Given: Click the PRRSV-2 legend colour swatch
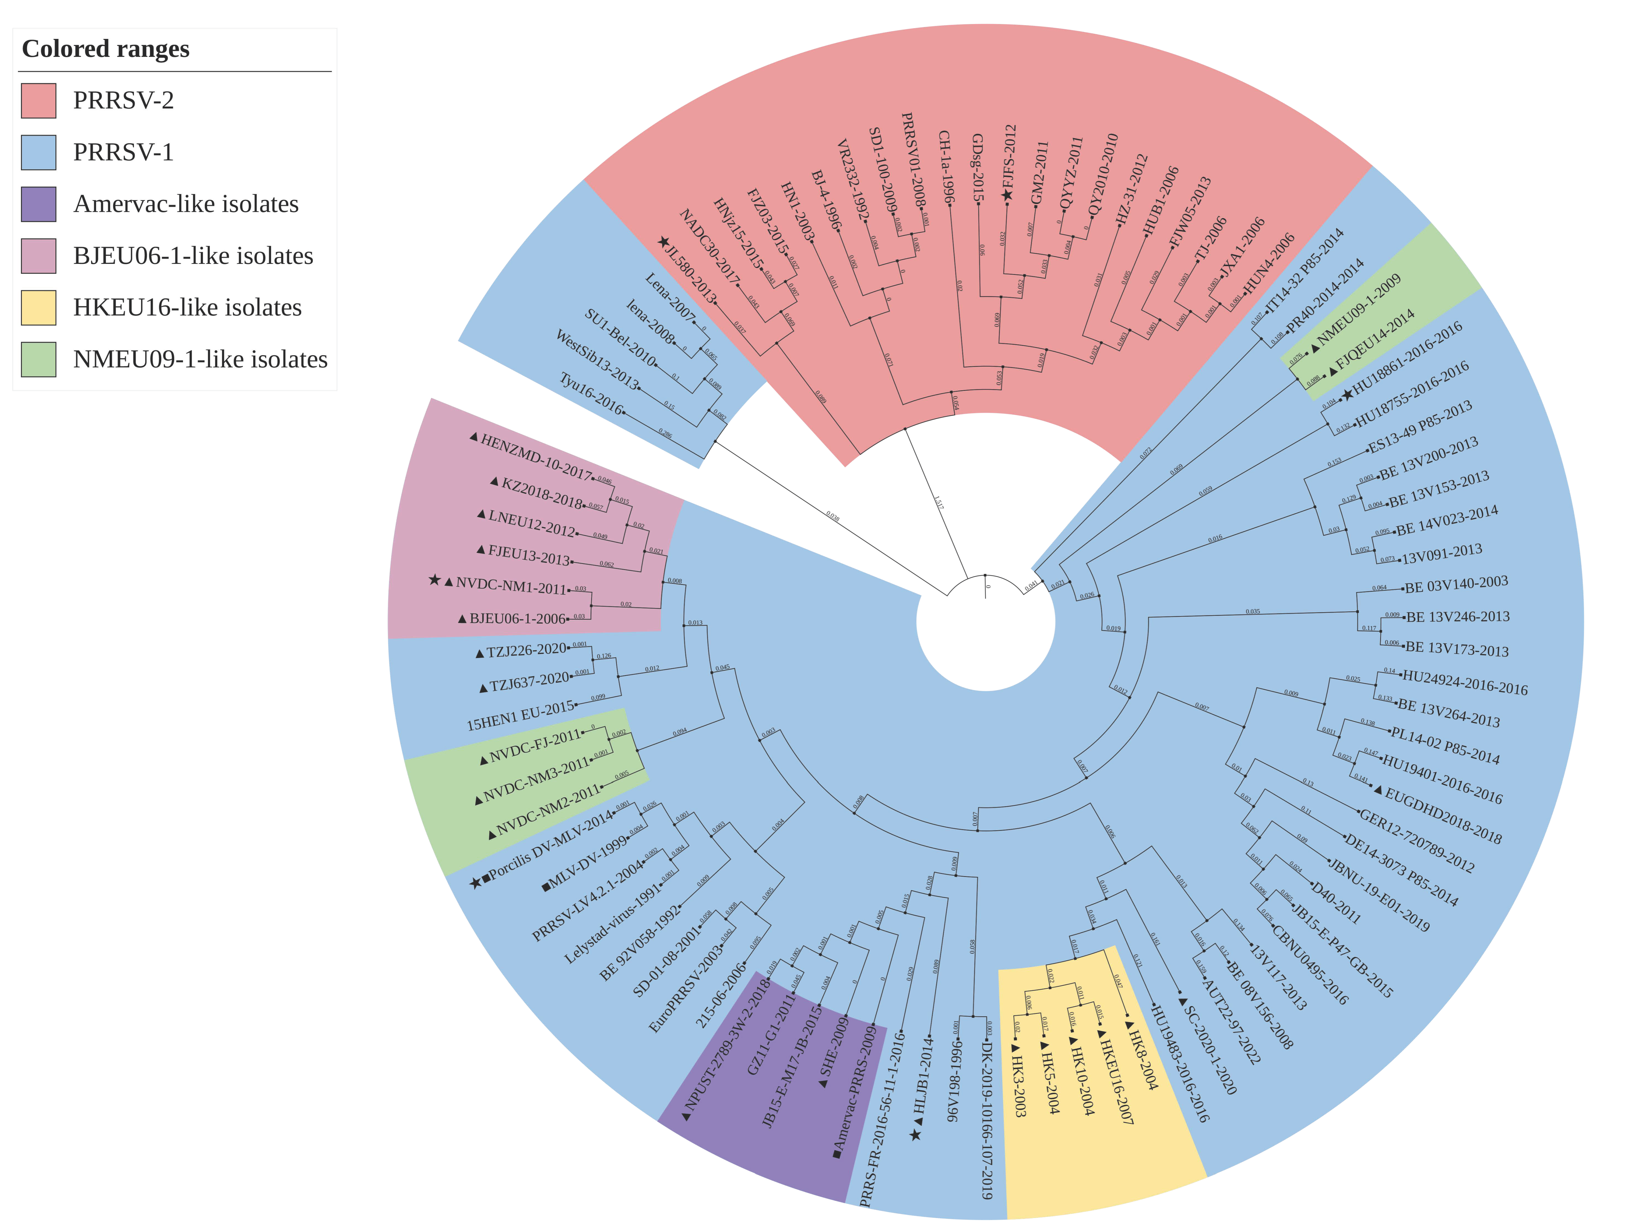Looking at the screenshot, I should (x=38, y=100).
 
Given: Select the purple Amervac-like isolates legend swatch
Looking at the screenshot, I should (x=38, y=204).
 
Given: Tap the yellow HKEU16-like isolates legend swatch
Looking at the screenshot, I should (x=38, y=307).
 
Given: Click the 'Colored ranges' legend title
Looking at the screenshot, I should (x=105, y=49).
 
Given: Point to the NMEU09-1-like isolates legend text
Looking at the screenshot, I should (x=200, y=359).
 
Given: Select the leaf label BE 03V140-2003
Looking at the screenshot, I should (x=1456, y=584).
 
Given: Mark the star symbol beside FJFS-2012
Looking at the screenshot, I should (x=1007, y=195).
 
